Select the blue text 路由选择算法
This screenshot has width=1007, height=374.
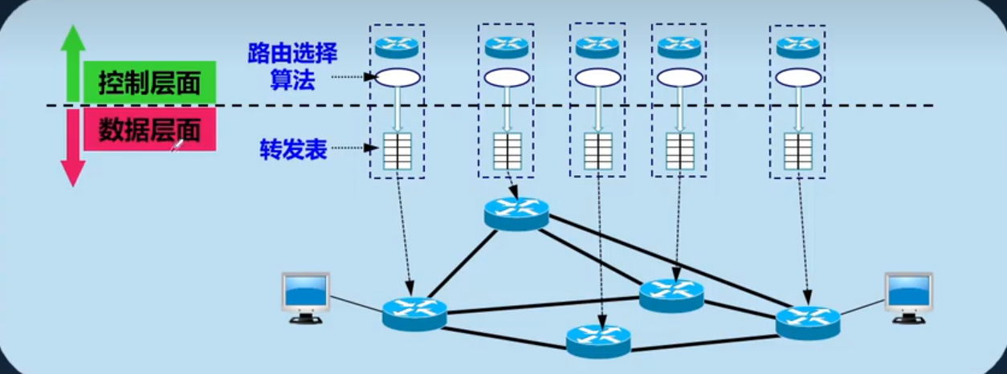292,67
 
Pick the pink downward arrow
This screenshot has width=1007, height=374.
73,148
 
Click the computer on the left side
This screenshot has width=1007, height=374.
306,296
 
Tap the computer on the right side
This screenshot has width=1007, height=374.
908,296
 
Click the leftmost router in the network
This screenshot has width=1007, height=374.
414,312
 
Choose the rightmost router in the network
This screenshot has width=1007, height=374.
808,321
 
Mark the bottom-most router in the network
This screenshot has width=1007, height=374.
598,339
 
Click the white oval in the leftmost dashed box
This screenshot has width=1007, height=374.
397,78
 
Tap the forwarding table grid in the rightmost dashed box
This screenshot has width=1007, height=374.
798,150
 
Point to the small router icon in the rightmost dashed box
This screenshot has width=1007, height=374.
797,47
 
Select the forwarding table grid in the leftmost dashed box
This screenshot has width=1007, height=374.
397,150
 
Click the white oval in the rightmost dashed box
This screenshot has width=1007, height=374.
797,78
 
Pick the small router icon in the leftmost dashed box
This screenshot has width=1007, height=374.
397,46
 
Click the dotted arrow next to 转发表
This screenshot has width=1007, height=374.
353,148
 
